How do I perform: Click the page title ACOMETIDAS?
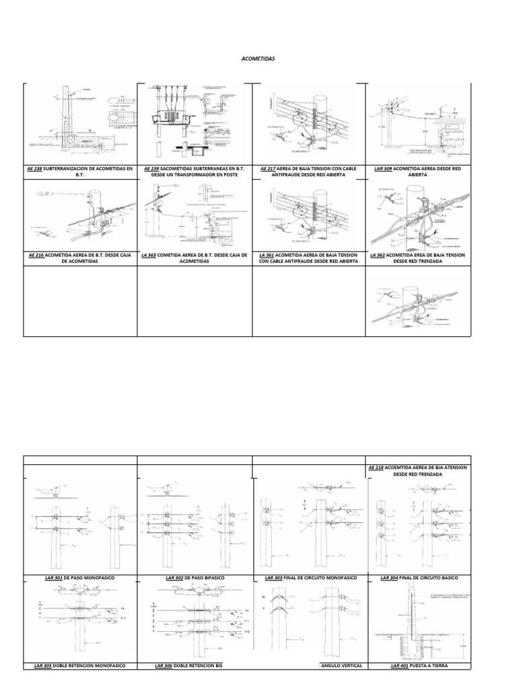[258, 59]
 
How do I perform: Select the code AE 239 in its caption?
[151, 168]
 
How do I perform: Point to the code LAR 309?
[384, 168]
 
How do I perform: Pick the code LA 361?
[265, 256]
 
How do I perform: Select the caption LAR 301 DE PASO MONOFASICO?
[80, 578]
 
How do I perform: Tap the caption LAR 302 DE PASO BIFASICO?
[195, 578]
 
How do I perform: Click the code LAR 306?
[164, 665]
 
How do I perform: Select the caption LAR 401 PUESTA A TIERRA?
[418, 665]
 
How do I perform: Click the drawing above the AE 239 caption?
[195, 123]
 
